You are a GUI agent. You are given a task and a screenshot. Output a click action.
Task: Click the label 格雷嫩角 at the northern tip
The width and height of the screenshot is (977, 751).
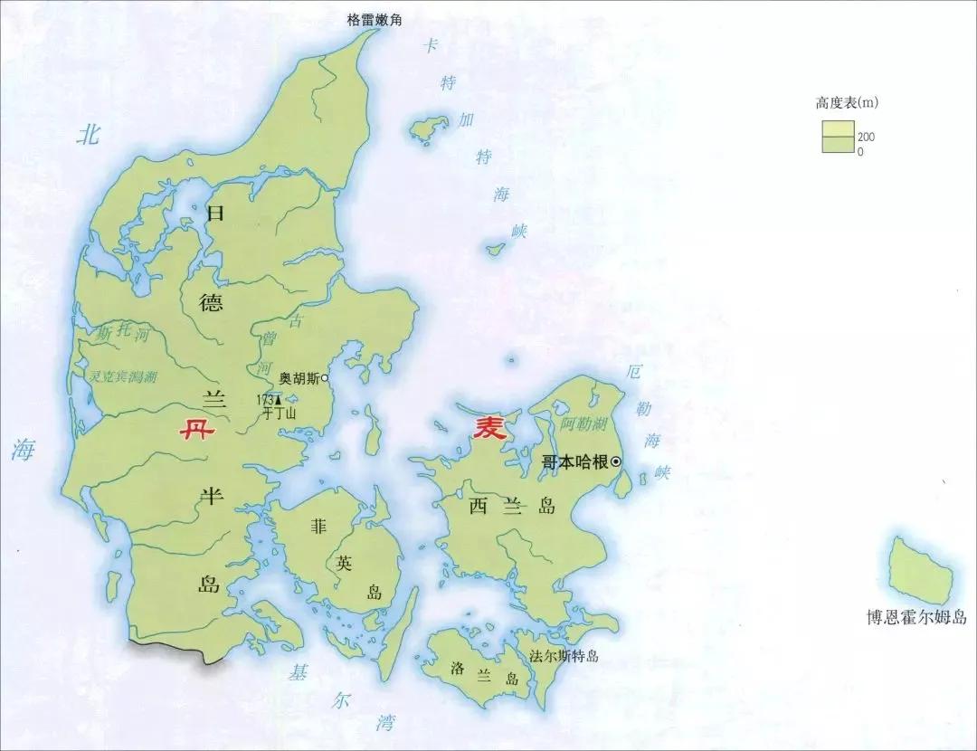(x=380, y=20)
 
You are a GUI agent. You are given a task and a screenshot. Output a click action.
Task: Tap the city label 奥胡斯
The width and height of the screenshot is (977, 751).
(x=299, y=378)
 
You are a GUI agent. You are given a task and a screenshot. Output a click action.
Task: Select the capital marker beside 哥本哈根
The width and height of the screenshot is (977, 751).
(x=617, y=461)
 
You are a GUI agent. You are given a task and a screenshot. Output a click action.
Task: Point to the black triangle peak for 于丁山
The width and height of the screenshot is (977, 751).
(x=279, y=398)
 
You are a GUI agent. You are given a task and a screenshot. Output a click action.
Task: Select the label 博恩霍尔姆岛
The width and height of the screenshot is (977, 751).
(x=915, y=618)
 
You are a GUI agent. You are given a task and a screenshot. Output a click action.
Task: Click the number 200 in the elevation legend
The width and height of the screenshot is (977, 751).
(x=867, y=137)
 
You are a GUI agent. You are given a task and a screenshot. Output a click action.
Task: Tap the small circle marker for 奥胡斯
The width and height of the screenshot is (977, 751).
(x=325, y=378)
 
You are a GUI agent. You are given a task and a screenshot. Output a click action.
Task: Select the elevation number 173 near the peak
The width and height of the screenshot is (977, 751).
(x=265, y=399)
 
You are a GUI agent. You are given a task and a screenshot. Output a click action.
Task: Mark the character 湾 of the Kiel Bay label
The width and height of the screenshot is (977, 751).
(x=386, y=721)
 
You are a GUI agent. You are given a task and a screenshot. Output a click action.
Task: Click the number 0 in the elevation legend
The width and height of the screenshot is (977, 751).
(x=860, y=151)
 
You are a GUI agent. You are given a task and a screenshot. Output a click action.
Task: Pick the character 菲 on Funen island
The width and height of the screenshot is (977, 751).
(x=318, y=525)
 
